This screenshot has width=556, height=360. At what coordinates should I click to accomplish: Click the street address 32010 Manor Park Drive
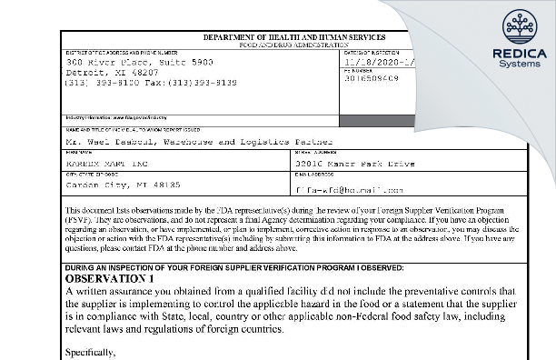pyautogui.click(x=354, y=164)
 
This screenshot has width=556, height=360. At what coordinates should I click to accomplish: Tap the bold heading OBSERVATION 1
pyautogui.click(x=114, y=277)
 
